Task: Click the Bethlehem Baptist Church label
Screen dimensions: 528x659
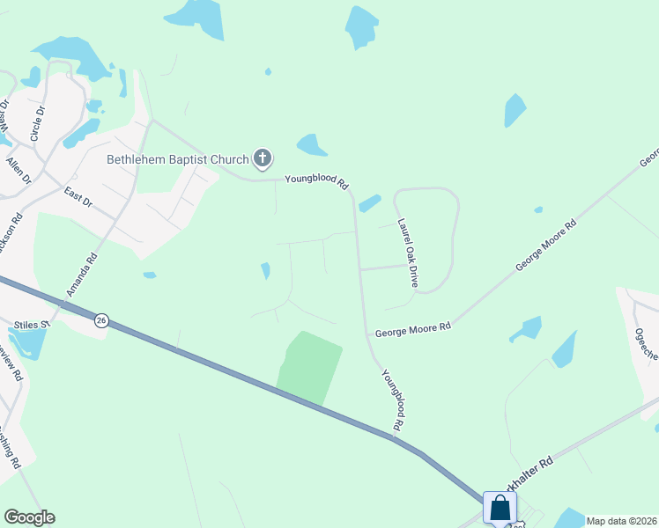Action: point(178,159)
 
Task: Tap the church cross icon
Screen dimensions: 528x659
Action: point(262,158)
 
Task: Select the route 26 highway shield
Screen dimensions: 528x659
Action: point(102,320)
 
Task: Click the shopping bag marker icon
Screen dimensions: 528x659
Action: point(500,508)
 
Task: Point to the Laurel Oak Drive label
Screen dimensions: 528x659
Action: point(406,253)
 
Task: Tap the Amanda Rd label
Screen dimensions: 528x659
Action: point(81,275)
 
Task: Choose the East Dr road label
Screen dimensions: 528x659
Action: point(78,196)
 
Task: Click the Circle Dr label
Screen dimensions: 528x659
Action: point(38,123)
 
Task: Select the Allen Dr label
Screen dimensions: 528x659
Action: point(18,166)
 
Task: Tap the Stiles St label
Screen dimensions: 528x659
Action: point(33,325)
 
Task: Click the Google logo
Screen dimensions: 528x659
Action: point(29,517)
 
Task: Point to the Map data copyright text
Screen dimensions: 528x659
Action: point(621,521)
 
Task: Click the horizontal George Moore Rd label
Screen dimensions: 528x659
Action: point(412,328)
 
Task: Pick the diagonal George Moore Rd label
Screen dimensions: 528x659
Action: point(546,244)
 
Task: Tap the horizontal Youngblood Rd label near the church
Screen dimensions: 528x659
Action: point(317,181)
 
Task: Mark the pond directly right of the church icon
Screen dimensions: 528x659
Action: point(312,144)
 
